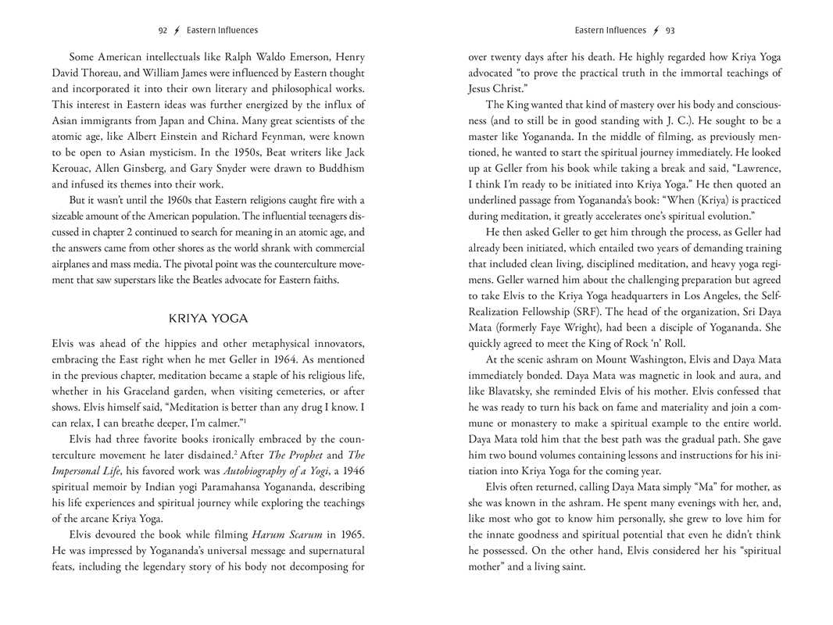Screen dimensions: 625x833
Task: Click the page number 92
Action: tap(163, 30)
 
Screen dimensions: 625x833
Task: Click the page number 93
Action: tap(670, 30)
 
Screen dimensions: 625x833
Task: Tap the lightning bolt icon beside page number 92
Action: tap(177, 30)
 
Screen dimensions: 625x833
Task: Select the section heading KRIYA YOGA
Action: tap(208, 319)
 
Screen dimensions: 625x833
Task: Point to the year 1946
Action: tap(349, 470)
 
